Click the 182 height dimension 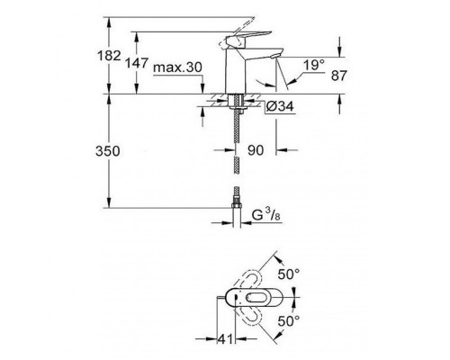[109, 56]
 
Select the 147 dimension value [137, 63]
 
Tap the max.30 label [177, 67]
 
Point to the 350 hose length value [108, 151]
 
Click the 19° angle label [314, 65]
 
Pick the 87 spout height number [339, 76]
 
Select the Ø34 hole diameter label [280, 106]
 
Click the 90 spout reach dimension [256, 150]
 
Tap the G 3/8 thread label [265, 215]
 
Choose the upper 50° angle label [289, 274]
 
